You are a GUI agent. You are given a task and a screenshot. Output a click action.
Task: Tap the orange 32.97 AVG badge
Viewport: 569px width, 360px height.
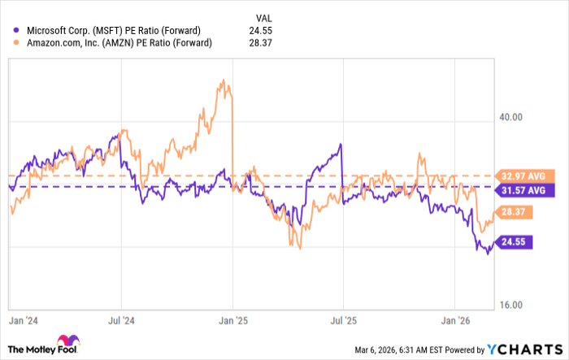[525, 176]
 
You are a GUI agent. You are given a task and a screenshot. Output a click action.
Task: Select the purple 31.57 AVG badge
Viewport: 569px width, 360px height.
[525, 191]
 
